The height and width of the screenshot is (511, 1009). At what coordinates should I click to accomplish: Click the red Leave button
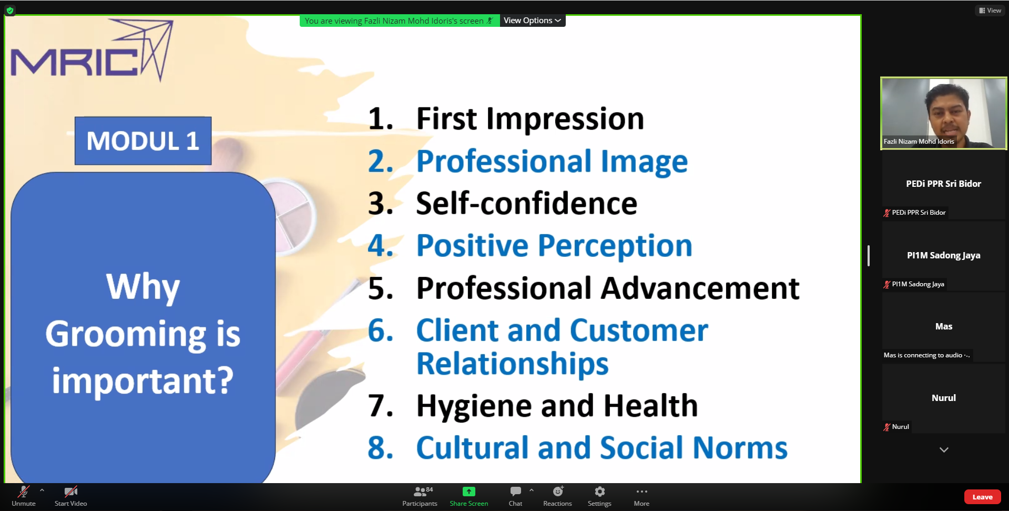point(982,497)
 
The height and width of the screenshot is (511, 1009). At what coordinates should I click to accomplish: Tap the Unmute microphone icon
point(24,492)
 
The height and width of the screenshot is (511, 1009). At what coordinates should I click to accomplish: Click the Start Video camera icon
point(71,492)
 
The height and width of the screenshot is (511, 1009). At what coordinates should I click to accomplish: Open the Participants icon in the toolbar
point(420,492)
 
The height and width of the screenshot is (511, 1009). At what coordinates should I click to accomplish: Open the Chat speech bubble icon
point(516,492)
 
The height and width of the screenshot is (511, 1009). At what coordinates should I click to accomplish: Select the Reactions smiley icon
point(558,492)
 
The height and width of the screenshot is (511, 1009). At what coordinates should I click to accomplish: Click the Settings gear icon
point(599,492)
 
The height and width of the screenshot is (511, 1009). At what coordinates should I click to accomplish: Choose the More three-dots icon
point(641,492)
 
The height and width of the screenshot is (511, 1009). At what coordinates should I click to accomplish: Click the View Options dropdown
point(532,21)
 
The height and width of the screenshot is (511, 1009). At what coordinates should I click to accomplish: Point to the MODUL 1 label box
point(143,141)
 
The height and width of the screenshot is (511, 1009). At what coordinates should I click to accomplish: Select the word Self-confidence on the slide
point(526,203)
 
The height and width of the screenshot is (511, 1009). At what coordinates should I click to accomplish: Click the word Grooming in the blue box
point(126,334)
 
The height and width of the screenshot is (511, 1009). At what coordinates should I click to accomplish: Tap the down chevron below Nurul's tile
point(944,450)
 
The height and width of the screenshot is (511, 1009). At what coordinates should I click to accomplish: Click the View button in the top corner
point(990,10)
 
